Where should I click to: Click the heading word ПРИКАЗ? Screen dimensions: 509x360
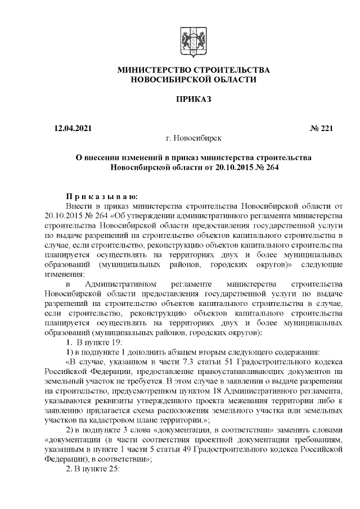click(193, 100)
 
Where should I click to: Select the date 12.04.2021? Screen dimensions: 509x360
click(70, 128)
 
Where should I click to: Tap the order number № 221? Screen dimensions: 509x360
click(321, 128)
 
